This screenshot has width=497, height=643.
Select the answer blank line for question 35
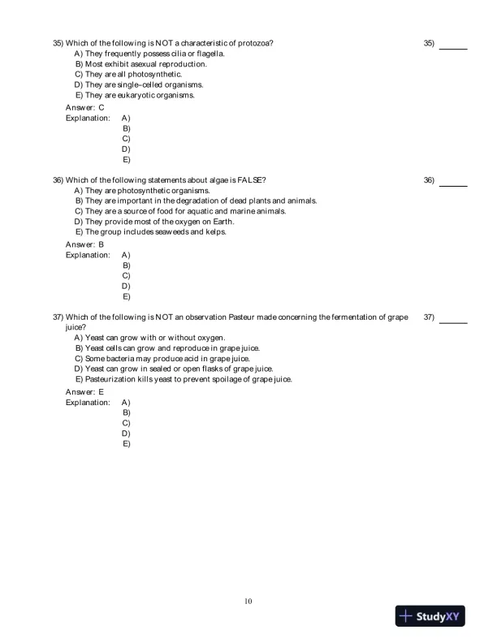[x=453, y=48]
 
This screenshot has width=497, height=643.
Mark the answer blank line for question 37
[x=453, y=322]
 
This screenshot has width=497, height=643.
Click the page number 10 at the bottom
[x=248, y=602]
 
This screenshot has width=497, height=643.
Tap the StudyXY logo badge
[x=430, y=616]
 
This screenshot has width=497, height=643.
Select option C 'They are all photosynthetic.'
[x=123, y=74]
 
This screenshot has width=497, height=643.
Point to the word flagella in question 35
[x=210, y=53]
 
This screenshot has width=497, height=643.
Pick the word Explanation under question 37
[x=88, y=402]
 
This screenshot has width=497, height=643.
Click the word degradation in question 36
[x=196, y=201]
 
